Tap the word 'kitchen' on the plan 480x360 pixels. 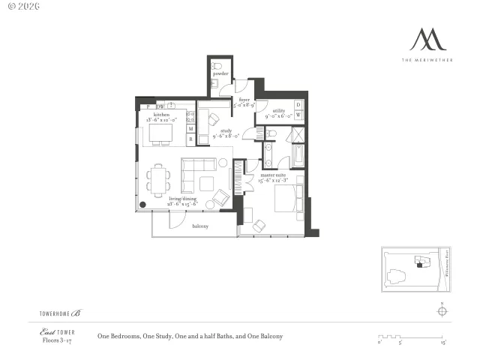(161, 115)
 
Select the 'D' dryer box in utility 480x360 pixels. (298, 105)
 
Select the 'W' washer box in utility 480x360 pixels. (298, 115)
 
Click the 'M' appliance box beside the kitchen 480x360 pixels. (190, 129)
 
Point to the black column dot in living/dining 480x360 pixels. (142, 204)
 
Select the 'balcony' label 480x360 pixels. (200, 226)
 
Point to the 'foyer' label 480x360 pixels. (244, 100)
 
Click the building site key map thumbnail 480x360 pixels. (414, 268)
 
